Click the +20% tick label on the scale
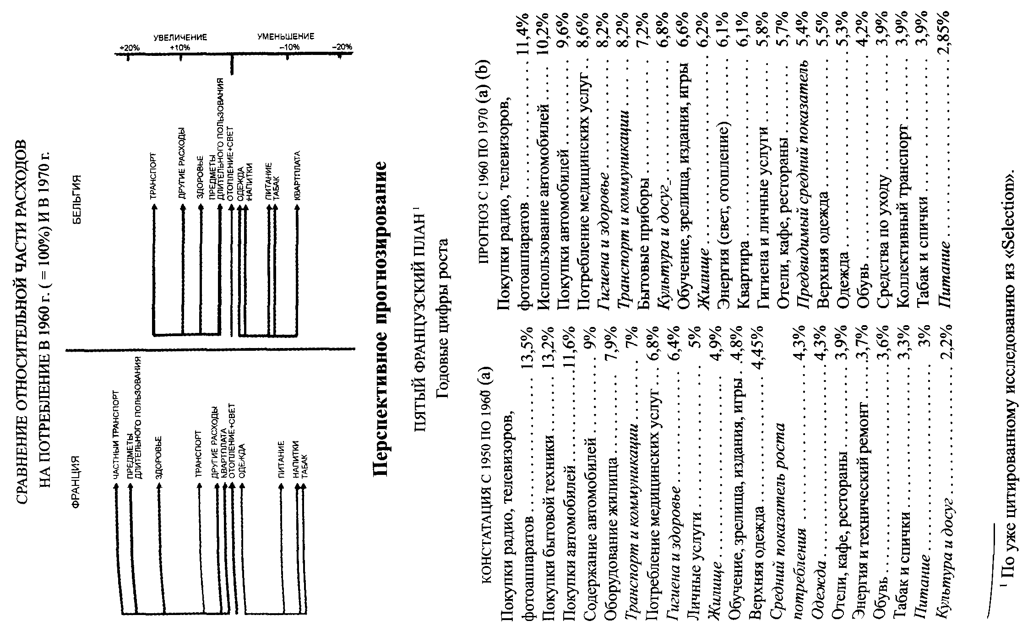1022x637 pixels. click(x=130, y=48)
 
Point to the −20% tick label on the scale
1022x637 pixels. click(x=342, y=47)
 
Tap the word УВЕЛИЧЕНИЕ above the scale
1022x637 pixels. click(x=180, y=37)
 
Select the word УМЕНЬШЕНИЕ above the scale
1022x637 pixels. click(x=286, y=37)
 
